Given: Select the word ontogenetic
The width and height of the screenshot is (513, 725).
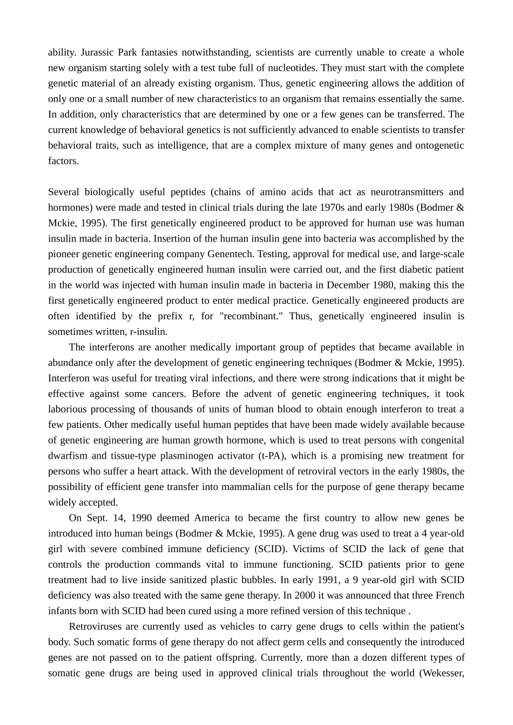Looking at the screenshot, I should click(440, 145).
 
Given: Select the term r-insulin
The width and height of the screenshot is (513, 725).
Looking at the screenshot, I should click(149, 332).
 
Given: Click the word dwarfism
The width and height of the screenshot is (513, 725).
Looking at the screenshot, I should click(67, 456).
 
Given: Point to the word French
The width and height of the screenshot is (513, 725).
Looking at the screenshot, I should click(450, 595).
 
